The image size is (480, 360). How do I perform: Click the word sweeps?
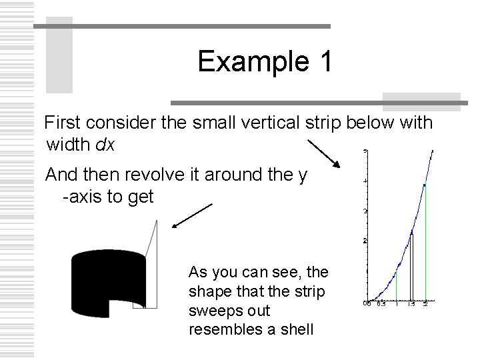point(212,311)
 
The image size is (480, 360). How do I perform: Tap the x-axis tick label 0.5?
point(381,305)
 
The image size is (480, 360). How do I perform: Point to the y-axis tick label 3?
point(364,211)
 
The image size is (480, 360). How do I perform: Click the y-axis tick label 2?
point(364,240)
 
